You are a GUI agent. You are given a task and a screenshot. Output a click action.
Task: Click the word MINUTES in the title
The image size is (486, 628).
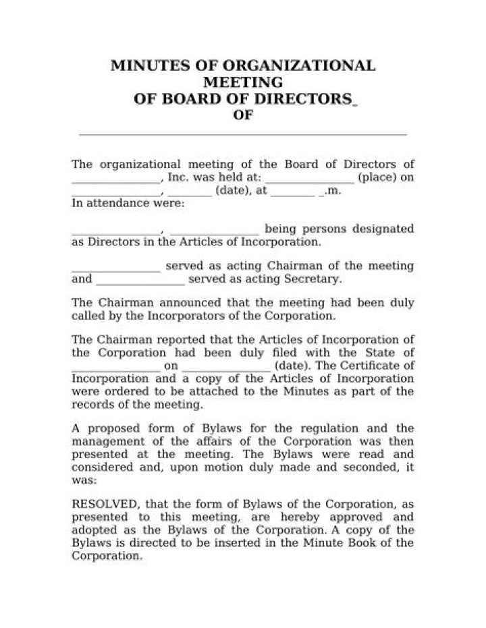tap(144, 66)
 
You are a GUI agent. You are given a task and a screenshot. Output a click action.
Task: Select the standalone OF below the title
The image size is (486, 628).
tap(243, 116)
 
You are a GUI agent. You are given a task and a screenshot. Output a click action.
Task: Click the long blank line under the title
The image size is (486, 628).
tap(243, 134)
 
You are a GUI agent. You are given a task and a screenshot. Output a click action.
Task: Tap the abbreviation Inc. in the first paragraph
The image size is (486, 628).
tap(178, 178)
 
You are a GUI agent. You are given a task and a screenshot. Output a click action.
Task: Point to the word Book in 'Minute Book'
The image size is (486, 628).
tap(369, 544)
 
